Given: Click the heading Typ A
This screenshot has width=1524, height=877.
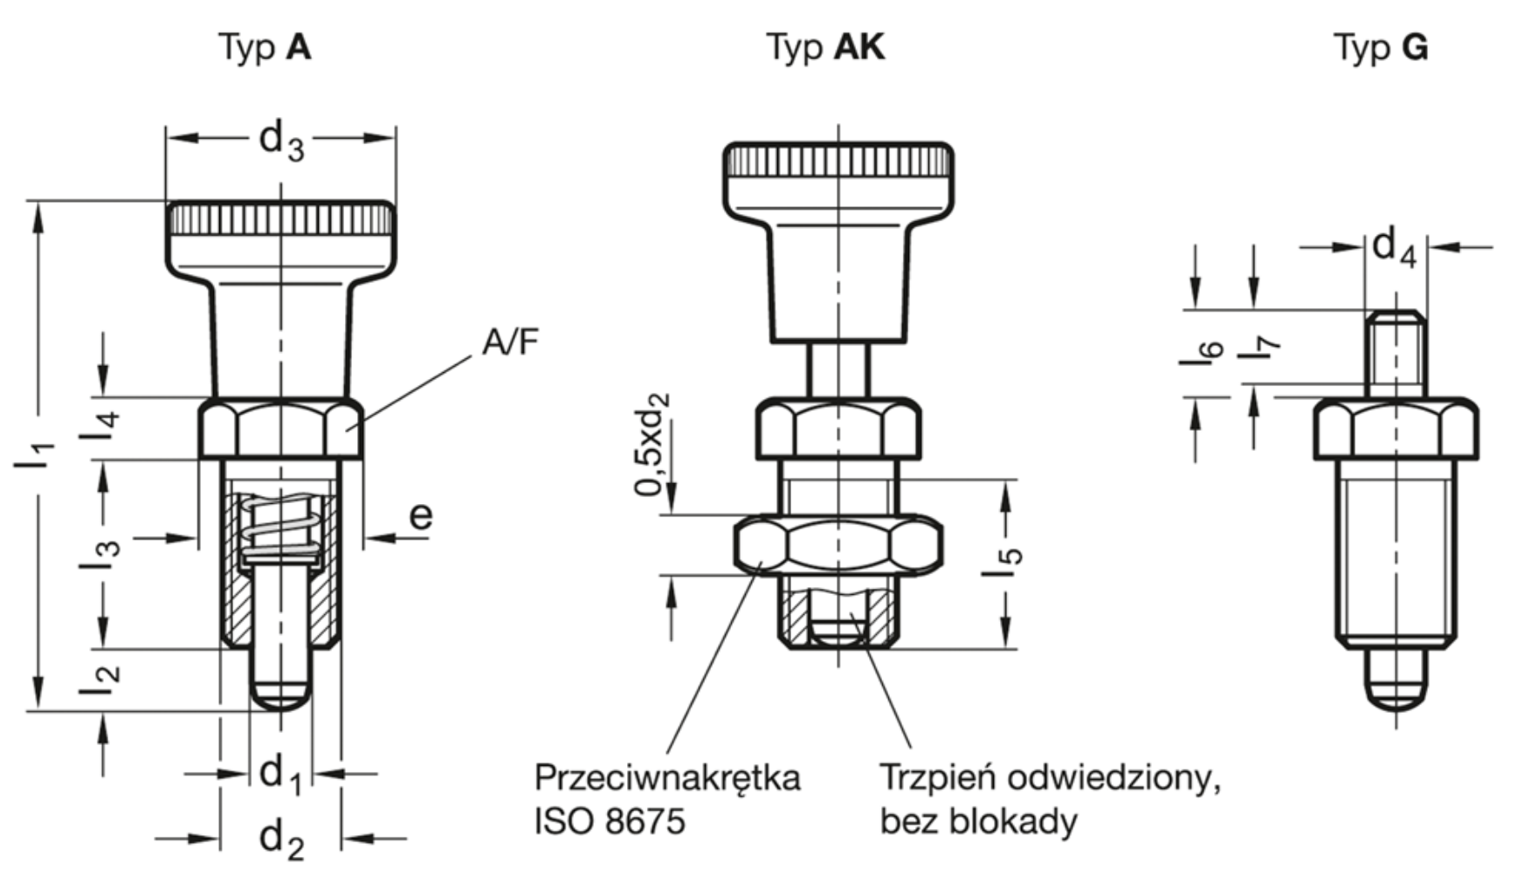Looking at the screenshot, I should pos(264,47).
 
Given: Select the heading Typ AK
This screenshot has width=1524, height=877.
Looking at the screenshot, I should pos(825,47).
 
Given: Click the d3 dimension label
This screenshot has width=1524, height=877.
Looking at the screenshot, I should pos(281,142).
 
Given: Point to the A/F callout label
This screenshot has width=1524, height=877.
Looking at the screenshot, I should pos(510,343).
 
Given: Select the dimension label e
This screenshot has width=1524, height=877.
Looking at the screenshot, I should pos(420,516).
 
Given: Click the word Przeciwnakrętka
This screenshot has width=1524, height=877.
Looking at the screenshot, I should pos(666,777).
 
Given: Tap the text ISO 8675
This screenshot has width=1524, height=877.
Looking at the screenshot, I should pos(610,821).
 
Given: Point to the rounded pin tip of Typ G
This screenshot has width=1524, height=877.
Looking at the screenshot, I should pos(1396,694).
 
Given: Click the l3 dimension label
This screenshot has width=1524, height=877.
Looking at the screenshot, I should pos(101,552).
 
